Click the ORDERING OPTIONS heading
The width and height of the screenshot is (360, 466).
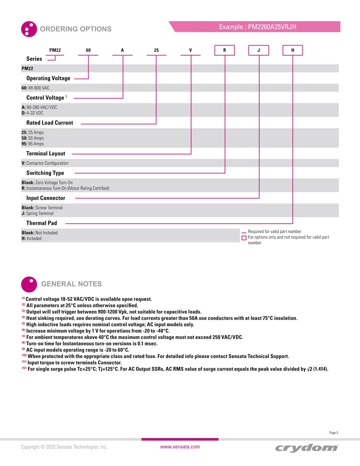click(x=76, y=29)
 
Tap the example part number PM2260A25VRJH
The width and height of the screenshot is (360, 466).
click(x=258, y=27)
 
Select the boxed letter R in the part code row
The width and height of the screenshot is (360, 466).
click(x=224, y=50)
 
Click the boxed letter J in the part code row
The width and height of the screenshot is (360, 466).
click(x=258, y=50)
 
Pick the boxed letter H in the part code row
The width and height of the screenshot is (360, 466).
click(x=293, y=50)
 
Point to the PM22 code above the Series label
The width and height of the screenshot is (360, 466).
click(x=55, y=50)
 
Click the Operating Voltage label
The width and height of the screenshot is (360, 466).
click(x=48, y=78)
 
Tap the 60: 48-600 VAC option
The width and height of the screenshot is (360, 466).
click(x=36, y=88)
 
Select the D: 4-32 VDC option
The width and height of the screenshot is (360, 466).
click(x=32, y=113)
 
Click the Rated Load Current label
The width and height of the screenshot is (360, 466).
click(x=50, y=123)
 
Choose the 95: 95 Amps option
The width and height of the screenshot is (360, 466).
click(x=33, y=144)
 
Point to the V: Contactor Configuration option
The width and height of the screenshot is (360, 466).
click(x=45, y=163)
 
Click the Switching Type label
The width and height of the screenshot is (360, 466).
click(x=45, y=173)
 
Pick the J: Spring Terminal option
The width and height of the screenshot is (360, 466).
click(x=38, y=213)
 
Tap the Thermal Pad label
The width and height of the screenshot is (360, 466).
click(x=42, y=223)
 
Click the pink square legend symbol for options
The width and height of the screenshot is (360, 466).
click(x=244, y=238)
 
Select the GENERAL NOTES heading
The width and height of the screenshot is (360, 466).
click(x=71, y=284)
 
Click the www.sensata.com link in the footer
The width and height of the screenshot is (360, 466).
click(x=180, y=447)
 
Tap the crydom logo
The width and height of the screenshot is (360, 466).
click(x=306, y=448)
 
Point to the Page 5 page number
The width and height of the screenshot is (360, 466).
click(x=334, y=433)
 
